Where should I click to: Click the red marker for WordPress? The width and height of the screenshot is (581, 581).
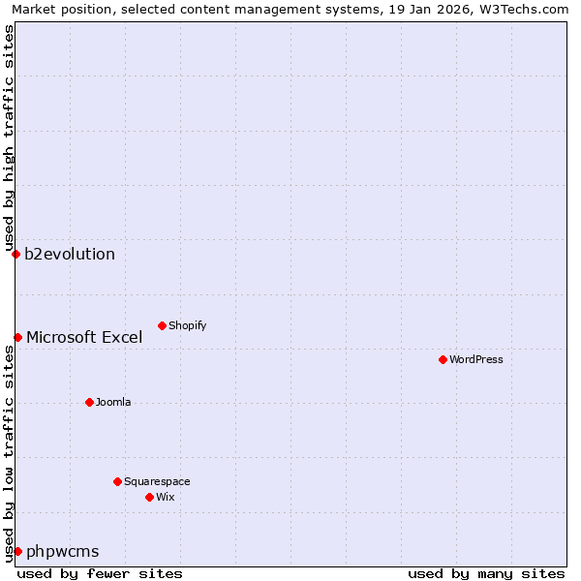(443, 359)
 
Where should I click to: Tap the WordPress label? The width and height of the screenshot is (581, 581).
(476, 360)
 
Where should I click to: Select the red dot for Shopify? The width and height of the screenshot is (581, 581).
(162, 325)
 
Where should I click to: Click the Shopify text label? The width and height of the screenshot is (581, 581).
(188, 326)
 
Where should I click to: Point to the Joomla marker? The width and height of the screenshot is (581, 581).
(89, 402)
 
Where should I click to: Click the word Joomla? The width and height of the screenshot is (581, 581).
(113, 403)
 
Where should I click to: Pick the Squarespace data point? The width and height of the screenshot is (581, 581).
(117, 481)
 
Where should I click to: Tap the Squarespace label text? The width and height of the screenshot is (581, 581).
(157, 482)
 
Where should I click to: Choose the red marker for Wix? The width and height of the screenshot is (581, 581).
(149, 497)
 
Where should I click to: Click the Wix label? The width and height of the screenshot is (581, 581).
(166, 498)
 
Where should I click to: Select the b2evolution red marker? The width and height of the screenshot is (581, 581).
(15, 254)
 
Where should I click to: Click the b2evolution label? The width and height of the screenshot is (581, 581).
(70, 255)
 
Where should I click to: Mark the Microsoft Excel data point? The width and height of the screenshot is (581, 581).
(17, 337)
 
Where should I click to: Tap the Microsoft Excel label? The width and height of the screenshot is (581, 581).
(84, 338)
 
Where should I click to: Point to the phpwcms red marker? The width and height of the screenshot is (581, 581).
(17, 551)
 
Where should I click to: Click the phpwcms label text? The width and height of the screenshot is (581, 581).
(63, 552)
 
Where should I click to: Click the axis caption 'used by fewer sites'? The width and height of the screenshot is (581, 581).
(100, 573)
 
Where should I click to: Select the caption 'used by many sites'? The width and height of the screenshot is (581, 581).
(486, 573)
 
